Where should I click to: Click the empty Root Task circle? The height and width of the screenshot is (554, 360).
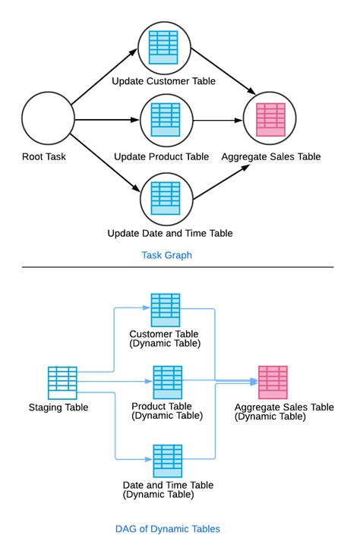[49, 119]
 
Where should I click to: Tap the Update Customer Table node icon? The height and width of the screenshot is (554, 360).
[163, 47]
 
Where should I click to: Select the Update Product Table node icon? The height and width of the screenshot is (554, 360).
[166, 119]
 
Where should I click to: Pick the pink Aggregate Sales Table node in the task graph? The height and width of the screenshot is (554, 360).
[270, 119]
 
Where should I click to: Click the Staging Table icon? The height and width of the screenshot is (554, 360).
[62, 383]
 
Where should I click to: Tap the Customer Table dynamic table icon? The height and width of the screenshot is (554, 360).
[165, 310]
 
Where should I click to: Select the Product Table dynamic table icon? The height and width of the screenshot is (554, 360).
[167, 382]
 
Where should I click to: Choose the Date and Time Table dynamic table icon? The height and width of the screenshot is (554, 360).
[168, 461]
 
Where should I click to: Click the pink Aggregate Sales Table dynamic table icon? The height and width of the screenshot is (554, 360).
[273, 382]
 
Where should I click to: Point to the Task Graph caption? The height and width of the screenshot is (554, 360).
[167, 256]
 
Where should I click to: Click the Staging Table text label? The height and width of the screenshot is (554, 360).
[58, 408]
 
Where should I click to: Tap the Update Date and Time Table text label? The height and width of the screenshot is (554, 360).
[170, 233]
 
